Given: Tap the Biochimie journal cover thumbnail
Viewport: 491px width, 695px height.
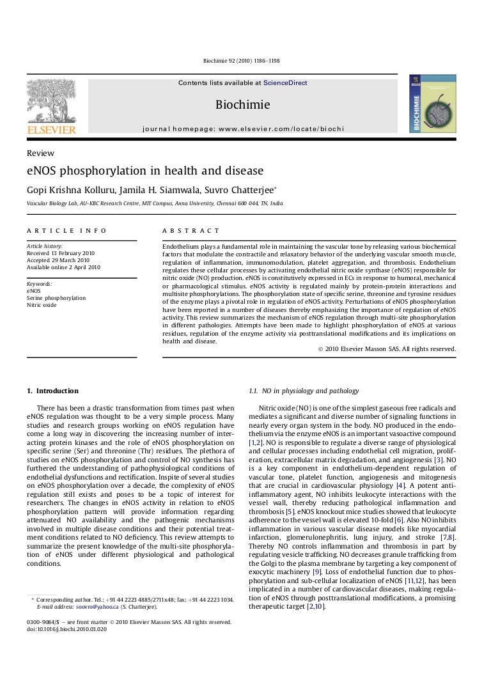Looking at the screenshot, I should pyautogui.click(x=433, y=103).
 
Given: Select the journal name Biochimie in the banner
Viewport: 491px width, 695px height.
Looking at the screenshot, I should pyautogui.click(x=242, y=104).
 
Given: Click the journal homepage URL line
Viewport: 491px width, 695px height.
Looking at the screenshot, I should pyautogui.click(x=243, y=129).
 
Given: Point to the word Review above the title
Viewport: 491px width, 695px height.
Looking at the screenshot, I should pyautogui.click(x=40, y=153).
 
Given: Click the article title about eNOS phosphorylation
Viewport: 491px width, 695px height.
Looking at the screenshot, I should pyautogui.click(x=144, y=171).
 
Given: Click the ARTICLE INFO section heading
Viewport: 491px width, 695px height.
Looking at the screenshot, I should pyautogui.click(x=66, y=230).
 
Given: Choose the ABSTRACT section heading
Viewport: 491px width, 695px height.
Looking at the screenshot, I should pyautogui.click(x=191, y=230).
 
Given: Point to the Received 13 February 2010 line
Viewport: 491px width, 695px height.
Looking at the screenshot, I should pyautogui.click(x=60, y=253).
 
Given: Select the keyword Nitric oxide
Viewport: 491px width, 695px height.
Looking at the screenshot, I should pyautogui.click(x=42, y=305).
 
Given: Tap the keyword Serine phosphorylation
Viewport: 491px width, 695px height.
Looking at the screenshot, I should pyautogui.click(x=56, y=298).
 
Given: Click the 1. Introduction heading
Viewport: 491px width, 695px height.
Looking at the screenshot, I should pyautogui.click(x=52, y=391).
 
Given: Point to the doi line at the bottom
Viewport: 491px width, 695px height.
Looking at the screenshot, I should pyautogui.click(x=66, y=629).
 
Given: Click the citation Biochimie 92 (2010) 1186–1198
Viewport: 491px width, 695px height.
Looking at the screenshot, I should pyautogui.click(x=241, y=61).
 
